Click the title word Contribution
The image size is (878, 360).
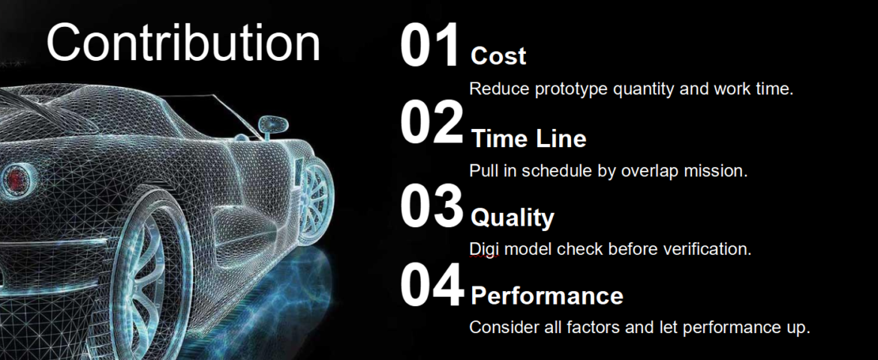pyautogui.click(x=183, y=43)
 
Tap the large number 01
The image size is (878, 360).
pyautogui.click(x=431, y=46)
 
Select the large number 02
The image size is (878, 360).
pyautogui.click(x=431, y=122)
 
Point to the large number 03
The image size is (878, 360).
pyautogui.click(x=431, y=206)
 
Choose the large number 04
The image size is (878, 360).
pyautogui.click(x=431, y=286)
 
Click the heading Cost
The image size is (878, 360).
pyautogui.click(x=498, y=56)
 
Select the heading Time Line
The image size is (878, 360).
pyautogui.click(x=528, y=139)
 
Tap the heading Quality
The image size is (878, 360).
pyautogui.click(x=513, y=218)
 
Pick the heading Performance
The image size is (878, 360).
pyautogui.click(x=546, y=296)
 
